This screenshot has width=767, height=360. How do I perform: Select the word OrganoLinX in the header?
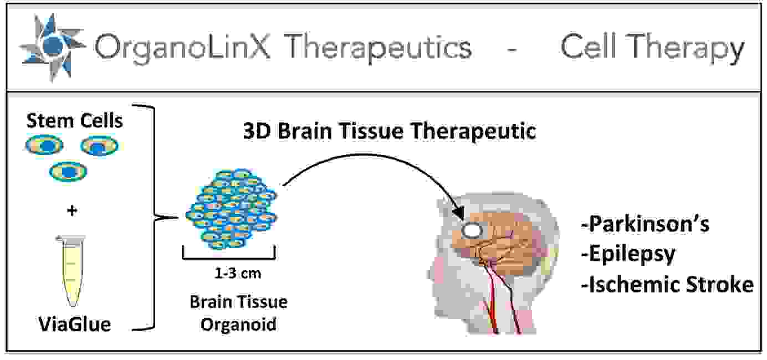182,48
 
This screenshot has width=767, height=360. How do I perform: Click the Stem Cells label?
75,121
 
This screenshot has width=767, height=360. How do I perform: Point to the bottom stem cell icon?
68,172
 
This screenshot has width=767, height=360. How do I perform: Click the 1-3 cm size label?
237,273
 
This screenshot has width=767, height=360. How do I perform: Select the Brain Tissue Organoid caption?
238,312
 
